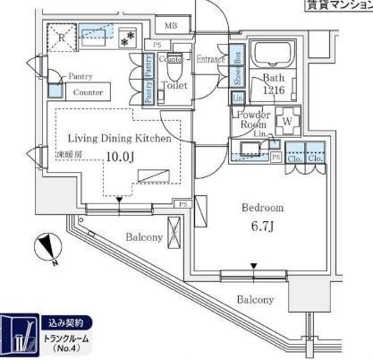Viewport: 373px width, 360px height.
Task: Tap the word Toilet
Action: point(174,86)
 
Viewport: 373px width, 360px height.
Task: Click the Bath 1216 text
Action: point(273,85)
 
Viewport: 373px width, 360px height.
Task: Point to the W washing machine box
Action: point(288,120)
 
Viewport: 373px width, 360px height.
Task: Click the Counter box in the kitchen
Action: point(87,92)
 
